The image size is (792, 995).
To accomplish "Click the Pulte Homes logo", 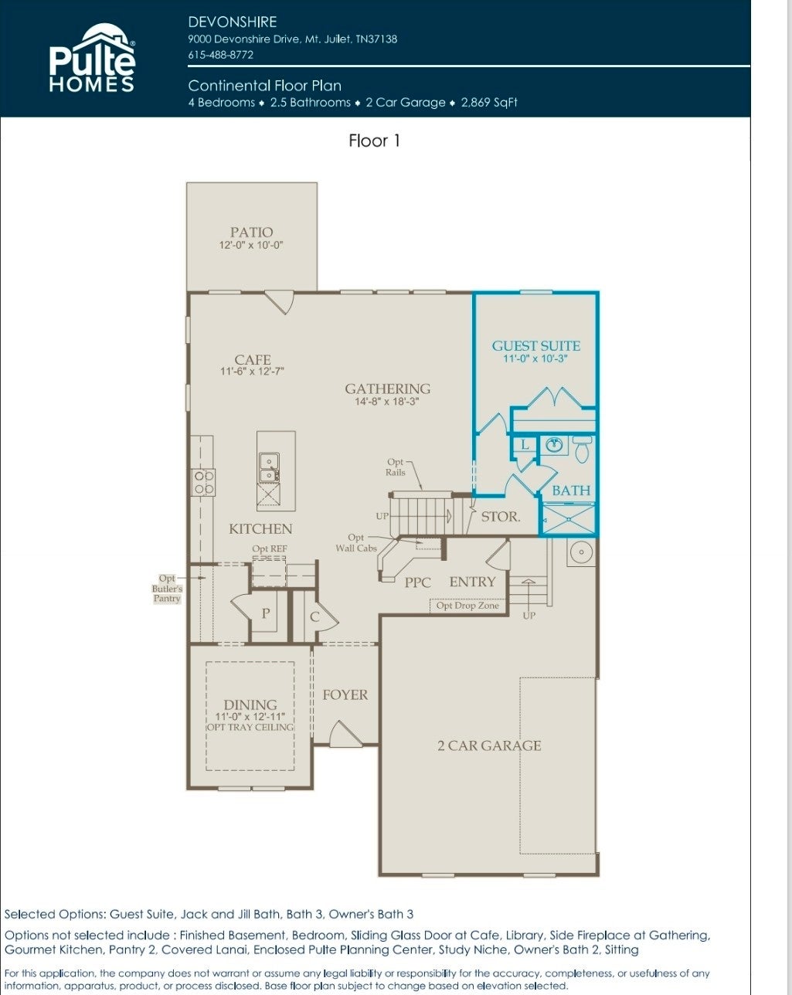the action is [92, 58].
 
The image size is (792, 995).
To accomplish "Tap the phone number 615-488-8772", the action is [221, 55].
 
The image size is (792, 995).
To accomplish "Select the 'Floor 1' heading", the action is [374, 141].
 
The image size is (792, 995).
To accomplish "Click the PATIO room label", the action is [252, 232].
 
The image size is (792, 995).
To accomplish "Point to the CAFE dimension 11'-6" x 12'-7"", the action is [252, 371].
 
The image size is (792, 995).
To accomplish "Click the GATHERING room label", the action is [388, 389].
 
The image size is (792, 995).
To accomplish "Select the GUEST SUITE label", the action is [535, 345].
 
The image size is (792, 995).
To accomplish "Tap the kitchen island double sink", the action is [269, 467].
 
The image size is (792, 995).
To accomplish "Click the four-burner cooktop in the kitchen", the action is [203, 482].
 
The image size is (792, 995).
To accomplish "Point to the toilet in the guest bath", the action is [582, 449].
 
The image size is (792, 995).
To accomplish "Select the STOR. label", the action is [501, 517].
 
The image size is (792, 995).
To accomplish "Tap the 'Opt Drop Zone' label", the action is [467, 605].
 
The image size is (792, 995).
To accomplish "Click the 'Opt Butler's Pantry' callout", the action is [167, 588].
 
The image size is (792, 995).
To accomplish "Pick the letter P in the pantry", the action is [266, 613].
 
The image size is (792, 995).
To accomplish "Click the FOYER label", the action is [345, 694].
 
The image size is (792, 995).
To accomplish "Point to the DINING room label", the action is [250, 705].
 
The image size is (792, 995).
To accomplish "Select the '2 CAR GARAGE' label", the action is [489, 745].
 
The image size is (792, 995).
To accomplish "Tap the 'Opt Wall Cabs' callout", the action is [356, 543].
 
